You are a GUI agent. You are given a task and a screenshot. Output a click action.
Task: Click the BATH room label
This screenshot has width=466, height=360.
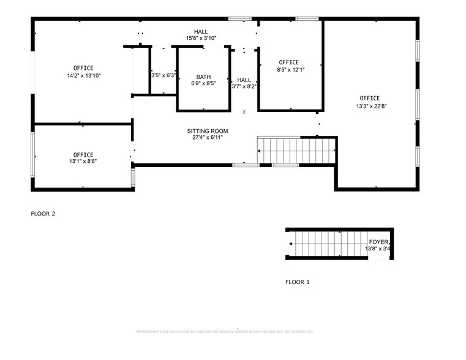[x=203, y=77]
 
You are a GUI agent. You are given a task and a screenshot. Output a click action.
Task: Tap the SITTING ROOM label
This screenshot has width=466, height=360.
[x=208, y=131]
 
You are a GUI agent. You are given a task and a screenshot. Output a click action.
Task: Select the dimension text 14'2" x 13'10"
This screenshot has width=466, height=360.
[x=83, y=75]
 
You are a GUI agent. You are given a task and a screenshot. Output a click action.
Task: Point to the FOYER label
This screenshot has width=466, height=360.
[x=378, y=242]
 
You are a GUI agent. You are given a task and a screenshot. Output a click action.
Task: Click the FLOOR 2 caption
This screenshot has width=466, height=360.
[x=43, y=214]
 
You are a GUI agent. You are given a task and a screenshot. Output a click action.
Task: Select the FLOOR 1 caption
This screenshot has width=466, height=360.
[x=298, y=282]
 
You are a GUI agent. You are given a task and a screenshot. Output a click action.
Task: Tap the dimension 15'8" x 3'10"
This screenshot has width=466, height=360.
[x=201, y=39]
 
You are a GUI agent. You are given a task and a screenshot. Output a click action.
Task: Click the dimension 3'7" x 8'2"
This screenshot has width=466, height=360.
[x=244, y=87]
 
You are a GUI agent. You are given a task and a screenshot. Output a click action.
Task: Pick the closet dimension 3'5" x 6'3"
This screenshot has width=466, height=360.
[x=163, y=76]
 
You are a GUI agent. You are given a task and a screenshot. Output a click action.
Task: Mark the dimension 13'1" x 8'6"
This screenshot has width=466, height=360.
[x=83, y=162]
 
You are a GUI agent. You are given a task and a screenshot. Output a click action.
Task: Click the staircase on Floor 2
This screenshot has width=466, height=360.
[x=296, y=151]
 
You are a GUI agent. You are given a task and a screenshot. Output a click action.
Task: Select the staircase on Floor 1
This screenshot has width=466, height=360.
[x=325, y=244]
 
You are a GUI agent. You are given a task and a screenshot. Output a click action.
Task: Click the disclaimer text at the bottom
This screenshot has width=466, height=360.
[x=224, y=331]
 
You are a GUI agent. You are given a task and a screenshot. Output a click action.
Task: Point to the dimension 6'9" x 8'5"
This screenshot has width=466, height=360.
[x=203, y=84]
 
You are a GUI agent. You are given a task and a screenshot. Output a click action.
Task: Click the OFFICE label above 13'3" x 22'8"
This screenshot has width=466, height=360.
[x=369, y=98]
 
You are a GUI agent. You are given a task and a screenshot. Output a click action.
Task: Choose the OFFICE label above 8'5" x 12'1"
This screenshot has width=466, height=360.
[x=288, y=62]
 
